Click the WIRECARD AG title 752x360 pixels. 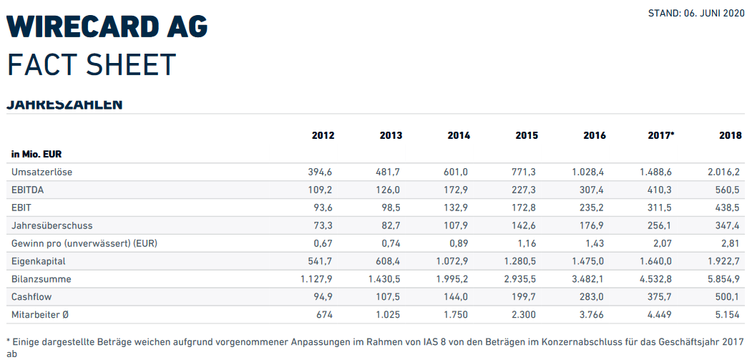[x=107, y=26]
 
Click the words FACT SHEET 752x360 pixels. [x=92, y=65]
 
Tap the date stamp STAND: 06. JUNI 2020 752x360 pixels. [x=696, y=13]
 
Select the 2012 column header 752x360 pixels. [x=323, y=135]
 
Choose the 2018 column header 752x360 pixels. [x=730, y=135]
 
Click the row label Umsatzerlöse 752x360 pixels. [x=42, y=172]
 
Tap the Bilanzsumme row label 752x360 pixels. [x=41, y=278]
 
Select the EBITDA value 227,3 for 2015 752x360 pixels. [x=525, y=190]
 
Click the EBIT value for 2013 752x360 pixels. [x=390, y=208]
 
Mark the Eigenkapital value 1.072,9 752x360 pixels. [x=452, y=261]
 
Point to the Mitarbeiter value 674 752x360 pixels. [x=325, y=314]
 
